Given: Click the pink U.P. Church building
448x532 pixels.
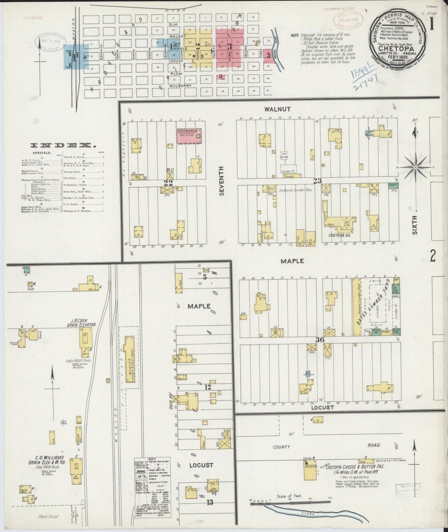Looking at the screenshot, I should point(189,136).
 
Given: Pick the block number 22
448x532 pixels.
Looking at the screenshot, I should point(168,182).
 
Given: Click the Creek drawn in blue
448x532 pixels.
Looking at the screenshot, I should point(307,514).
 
